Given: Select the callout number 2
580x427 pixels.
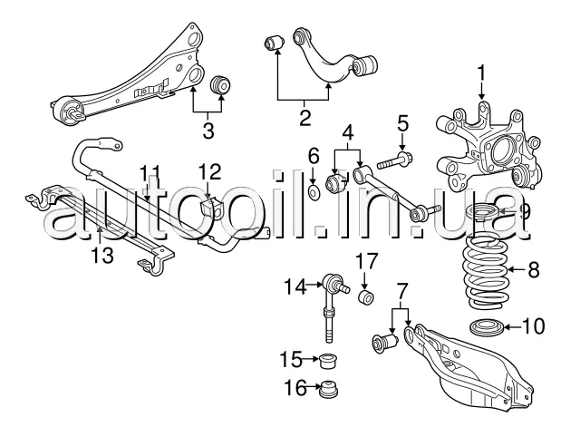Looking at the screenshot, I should [x=304, y=116].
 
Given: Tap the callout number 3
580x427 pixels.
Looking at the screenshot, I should [x=208, y=130].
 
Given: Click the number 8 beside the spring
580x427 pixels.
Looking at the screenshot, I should [x=533, y=268].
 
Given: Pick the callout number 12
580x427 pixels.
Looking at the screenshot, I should [x=209, y=170].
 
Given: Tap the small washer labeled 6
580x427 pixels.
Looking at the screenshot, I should [x=313, y=192].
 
